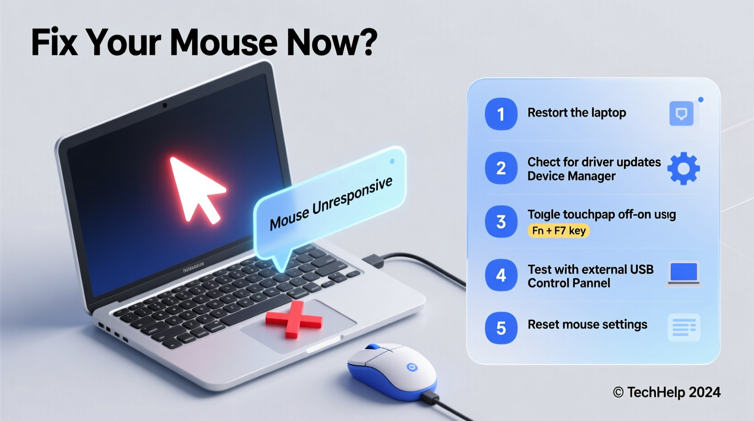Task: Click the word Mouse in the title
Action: coord(224,43)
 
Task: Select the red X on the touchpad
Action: coord(294,319)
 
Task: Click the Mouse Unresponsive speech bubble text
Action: coord(331,203)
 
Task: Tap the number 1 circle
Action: coord(501,114)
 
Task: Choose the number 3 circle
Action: coord(501,222)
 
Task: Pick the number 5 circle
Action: coord(501,328)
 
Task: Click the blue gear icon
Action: coord(683,168)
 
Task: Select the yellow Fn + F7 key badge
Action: coord(559,230)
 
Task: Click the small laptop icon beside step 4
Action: coord(684,274)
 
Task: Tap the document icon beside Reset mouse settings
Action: coord(684,328)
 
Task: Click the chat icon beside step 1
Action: coord(681,113)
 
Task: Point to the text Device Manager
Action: coord(571,176)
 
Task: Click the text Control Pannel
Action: coord(569,283)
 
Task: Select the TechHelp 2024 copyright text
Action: coord(667,392)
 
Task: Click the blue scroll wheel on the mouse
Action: coord(373,347)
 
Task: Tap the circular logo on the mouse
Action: coord(412,367)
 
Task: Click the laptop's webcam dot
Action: coord(164,105)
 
